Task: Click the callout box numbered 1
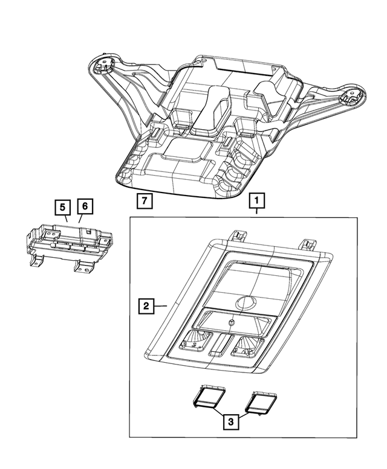click(256, 199)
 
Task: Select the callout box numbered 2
click(145, 307)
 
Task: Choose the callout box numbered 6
click(85, 207)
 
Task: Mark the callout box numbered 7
click(143, 199)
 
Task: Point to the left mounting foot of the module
click(40, 261)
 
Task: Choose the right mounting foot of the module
click(80, 266)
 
